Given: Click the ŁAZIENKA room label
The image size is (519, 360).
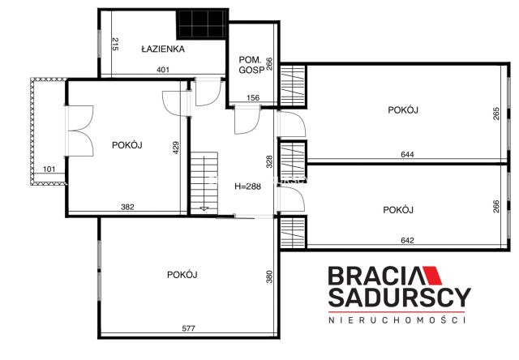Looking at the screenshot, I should pyautogui.click(x=163, y=49).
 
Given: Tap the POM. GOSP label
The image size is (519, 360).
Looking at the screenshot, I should pyautogui.click(x=247, y=65).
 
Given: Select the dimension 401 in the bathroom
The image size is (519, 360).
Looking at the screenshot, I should pyautogui.click(x=163, y=71).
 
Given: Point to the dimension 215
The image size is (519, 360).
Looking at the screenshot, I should pyautogui.click(x=116, y=45).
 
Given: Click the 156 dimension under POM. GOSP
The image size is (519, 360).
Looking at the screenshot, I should pyautogui.click(x=252, y=99).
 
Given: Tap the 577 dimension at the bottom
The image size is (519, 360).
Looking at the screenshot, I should pyautogui.click(x=188, y=328).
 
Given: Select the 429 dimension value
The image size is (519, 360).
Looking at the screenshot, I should pyautogui.click(x=175, y=148).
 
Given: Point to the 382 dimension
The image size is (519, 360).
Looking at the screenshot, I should pyautogui.click(x=127, y=208).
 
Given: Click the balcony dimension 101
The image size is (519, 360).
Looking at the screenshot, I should pyautogui.click(x=49, y=170).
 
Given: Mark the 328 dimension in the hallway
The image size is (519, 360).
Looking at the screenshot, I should pyautogui.click(x=268, y=161).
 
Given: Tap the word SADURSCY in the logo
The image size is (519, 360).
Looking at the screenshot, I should pyautogui.click(x=397, y=298).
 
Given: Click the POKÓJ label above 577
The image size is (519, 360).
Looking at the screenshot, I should pyautogui.click(x=182, y=274).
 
